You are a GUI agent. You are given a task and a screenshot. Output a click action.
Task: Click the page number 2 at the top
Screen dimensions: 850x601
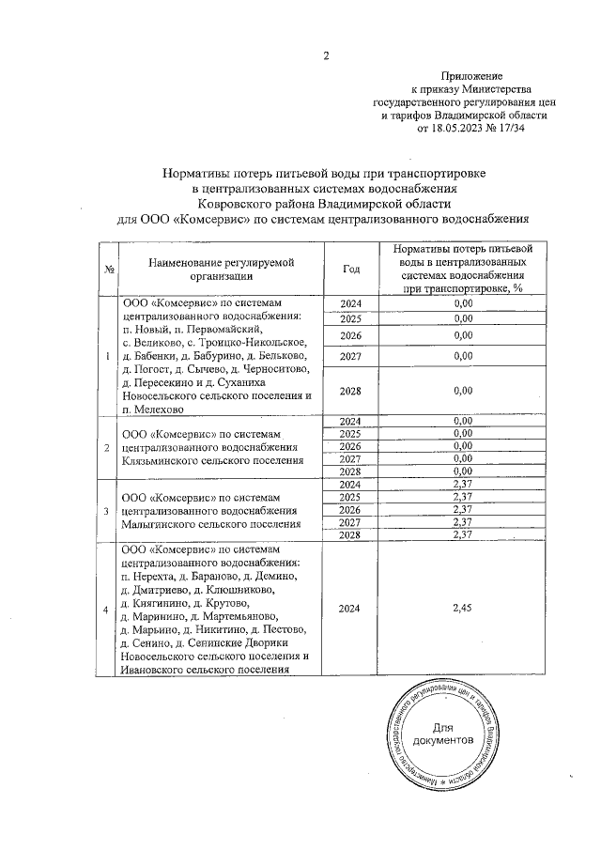326,54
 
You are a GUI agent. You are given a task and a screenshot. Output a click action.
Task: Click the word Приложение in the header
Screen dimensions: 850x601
471,75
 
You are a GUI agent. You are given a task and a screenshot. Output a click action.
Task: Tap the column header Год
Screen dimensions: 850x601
351,269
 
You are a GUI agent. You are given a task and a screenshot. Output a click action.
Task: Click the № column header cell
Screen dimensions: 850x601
109,270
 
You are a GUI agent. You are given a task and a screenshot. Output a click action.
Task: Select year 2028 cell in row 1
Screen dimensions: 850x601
351,390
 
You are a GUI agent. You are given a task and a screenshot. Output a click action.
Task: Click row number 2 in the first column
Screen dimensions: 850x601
108,445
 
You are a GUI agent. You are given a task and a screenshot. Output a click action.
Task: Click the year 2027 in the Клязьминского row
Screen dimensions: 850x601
351,457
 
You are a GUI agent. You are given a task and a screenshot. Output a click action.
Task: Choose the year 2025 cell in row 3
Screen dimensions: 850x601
351,496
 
